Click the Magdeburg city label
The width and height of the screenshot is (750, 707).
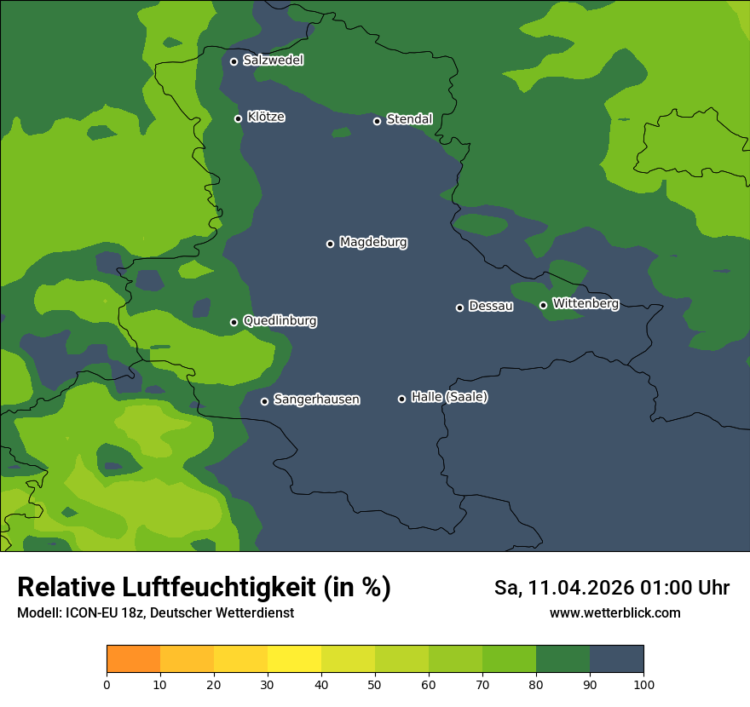pyautogui.click(x=373, y=243)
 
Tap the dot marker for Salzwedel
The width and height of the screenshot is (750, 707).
pyautogui.click(x=234, y=61)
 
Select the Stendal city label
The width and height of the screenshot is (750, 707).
pyautogui.click(x=409, y=119)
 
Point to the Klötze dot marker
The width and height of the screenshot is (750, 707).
pyautogui.click(x=238, y=118)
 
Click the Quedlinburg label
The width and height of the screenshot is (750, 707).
pyautogui.click(x=280, y=321)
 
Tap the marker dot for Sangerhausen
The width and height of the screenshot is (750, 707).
pyautogui.click(x=264, y=401)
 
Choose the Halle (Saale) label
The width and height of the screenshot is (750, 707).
pyautogui.click(x=449, y=397)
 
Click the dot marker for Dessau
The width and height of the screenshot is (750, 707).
pyautogui.click(x=459, y=308)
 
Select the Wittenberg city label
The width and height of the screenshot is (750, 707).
pyautogui.click(x=586, y=303)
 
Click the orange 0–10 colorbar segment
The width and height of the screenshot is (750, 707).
pyautogui.click(x=133, y=659)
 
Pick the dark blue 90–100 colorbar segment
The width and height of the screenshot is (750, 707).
pyautogui.click(x=616, y=659)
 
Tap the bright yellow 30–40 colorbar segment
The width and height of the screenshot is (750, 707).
pyautogui.click(x=294, y=659)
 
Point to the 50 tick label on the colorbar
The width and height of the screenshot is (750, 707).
pyautogui.click(x=375, y=684)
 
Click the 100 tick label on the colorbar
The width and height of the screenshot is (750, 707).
pyautogui.click(x=643, y=684)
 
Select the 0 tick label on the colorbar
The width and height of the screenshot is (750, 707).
pyautogui.click(x=107, y=684)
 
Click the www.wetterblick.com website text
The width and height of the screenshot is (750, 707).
pyautogui.click(x=614, y=613)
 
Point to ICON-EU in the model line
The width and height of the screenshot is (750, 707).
pyautogui.click(x=88, y=613)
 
